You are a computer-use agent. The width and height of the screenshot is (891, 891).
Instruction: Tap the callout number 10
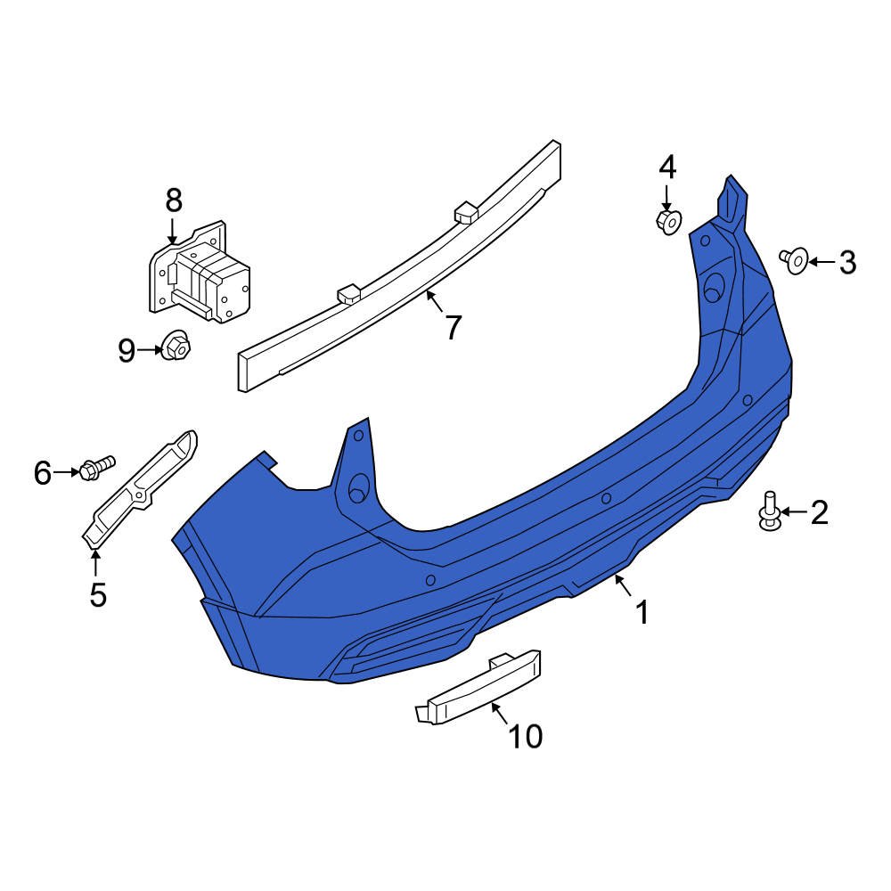[526, 736]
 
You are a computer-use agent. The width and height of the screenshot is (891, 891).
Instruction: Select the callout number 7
[454, 328]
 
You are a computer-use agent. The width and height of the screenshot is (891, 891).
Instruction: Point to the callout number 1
[641, 612]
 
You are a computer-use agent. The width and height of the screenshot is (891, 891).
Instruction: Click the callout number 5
[98, 593]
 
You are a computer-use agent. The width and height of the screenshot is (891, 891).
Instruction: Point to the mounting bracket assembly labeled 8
[200, 274]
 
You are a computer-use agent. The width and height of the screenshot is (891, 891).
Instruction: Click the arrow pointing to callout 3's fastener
[822, 262]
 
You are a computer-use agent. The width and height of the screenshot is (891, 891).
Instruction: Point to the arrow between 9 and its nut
[148, 351]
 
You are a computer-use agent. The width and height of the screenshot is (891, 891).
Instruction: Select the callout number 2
[819, 512]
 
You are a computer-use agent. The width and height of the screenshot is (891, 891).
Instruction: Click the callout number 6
[43, 472]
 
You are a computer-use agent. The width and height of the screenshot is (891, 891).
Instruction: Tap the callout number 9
[127, 351]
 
